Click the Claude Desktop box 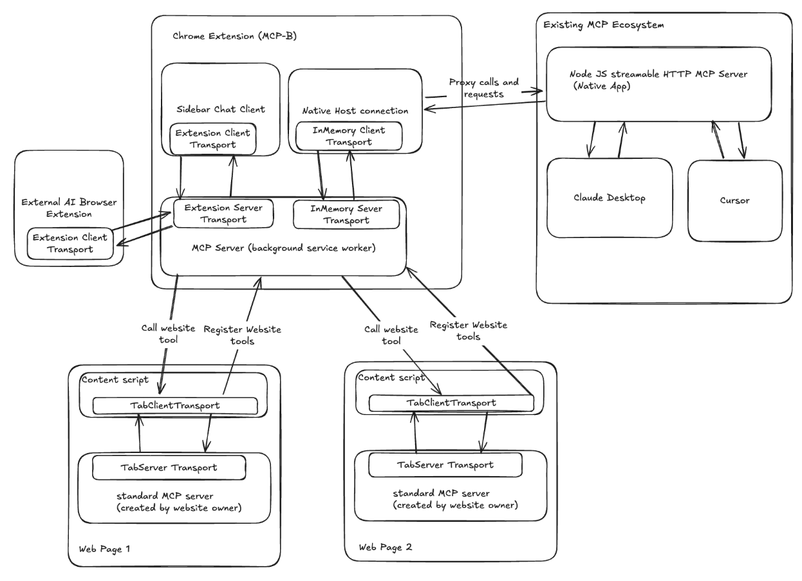609,198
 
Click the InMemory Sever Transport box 346,215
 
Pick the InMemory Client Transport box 348,136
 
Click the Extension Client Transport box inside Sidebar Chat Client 213,139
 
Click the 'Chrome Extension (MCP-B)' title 234,36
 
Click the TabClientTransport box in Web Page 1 175,406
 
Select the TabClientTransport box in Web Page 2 451,403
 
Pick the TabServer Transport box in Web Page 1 169,467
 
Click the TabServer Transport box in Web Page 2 444,465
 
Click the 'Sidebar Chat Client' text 220,110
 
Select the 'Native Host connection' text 355,111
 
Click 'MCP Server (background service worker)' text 283,248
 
